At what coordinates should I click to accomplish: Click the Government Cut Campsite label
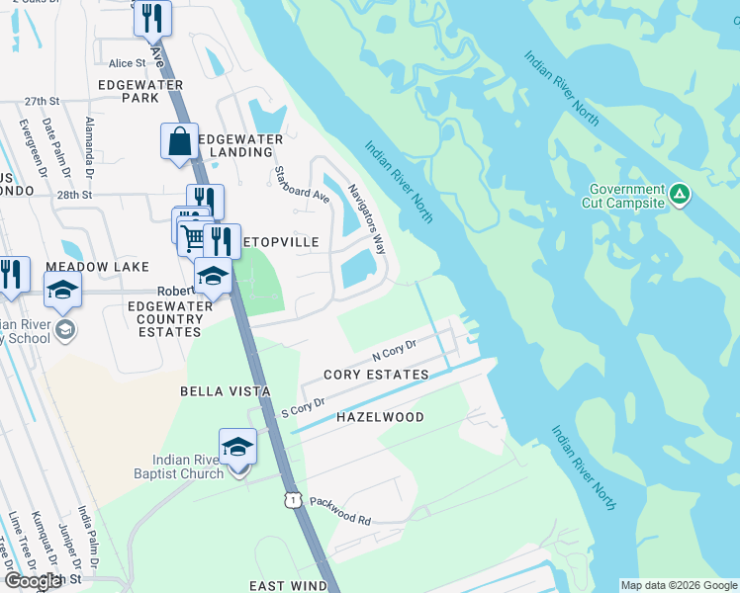click(x=627, y=196)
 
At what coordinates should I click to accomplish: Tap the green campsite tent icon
click(x=680, y=194)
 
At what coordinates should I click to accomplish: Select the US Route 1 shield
click(x=293, y=501)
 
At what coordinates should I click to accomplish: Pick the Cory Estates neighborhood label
click(x=377, y=375)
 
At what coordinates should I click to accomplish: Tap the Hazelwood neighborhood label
click(x=380, y=417)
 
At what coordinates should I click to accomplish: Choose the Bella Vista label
click(x=226, y=391)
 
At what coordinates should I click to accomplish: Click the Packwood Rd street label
click(x=339, y=512)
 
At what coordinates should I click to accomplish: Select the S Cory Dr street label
click(x=304, y=406)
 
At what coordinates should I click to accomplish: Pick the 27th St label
click(x=43, y=101)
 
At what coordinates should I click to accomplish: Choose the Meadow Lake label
click(x=97, y=267)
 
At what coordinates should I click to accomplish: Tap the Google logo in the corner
click(x=33, y=580)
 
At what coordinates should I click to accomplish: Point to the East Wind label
click(x=288, y=586)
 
